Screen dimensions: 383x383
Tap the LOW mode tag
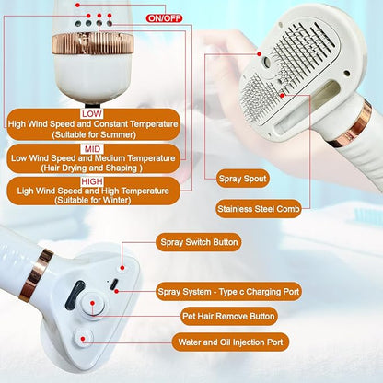(92, 112)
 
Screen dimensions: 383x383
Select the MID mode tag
(91, 146)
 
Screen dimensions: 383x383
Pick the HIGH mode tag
(93, 181)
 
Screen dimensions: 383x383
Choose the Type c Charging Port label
(228, 291)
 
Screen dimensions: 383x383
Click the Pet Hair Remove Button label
(228, 316)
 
